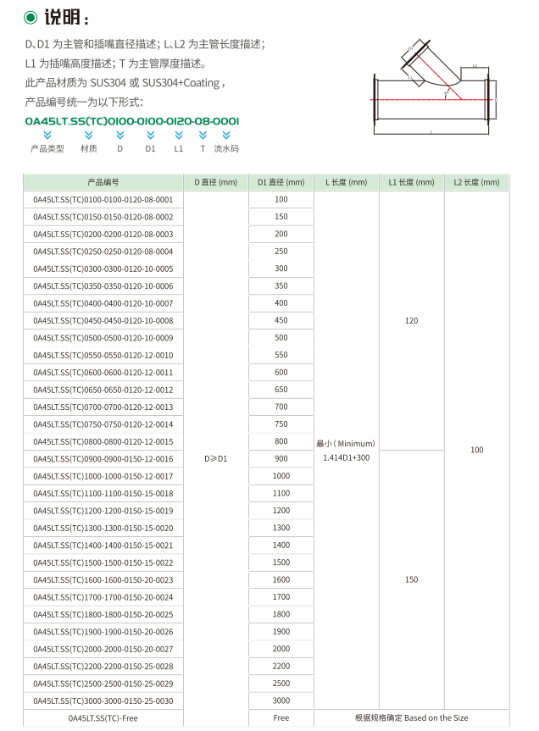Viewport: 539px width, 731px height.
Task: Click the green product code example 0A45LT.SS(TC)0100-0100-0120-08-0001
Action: (x=132, y=121)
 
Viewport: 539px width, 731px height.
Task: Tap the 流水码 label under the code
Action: (x=226, y=148)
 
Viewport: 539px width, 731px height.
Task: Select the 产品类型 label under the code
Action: (x=47, y=148)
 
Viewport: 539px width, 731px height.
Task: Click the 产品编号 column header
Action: (x=103, y=182)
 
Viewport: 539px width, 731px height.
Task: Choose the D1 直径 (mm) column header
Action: (x=281, y=182)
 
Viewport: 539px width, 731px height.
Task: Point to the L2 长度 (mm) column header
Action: (x=476, y=182)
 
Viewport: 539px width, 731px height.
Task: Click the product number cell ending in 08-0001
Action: (x=103, y=200)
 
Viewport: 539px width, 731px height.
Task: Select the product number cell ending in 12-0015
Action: (x=103, y=441)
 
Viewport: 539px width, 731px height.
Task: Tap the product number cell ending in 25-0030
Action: (x=103, y=701)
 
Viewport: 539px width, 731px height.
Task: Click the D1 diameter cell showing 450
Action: (x=281, y=321)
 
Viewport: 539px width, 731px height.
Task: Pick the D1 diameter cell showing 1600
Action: (x=281, y=580)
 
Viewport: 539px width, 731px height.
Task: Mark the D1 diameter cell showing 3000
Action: (x=281, y=701)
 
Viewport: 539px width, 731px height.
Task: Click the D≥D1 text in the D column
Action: (x=216, y=458)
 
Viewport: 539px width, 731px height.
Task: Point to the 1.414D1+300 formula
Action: (x=346, y=458)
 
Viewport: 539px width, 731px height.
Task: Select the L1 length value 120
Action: (x=411, y=321)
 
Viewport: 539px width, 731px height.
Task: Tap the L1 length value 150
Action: (x=411, y=580)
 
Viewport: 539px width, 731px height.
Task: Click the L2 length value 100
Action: (x=476, y=450)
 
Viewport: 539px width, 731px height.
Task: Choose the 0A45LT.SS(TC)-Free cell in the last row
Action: (x=103, y=718)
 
